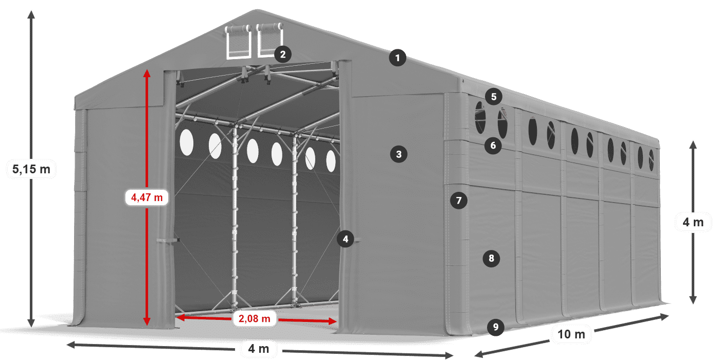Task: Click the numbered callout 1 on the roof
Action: (x=397, y=58)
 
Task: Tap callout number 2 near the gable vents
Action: (x=282, y=53)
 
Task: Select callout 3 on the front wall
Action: (x=399, y=153)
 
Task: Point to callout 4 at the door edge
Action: (x=346, y=239)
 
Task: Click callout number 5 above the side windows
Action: (x=494, y=96)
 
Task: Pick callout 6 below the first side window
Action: (x=493, y=146)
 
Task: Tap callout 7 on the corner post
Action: (x=459, y=200)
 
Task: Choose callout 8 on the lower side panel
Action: (x=491, y=258)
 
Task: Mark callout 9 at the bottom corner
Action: (x=495, y=327)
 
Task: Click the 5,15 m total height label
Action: (x=31, y=169)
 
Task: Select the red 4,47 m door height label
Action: (x=147, y=197)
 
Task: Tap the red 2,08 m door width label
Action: (x=255, y=319)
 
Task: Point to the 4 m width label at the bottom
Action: (x=258, y=349)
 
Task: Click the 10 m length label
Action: (x=571, y=335)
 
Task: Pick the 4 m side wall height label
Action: (x=693, y=222)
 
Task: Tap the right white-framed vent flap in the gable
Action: (x=269, y=40)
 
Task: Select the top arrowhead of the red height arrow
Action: (x=147, y=73)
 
